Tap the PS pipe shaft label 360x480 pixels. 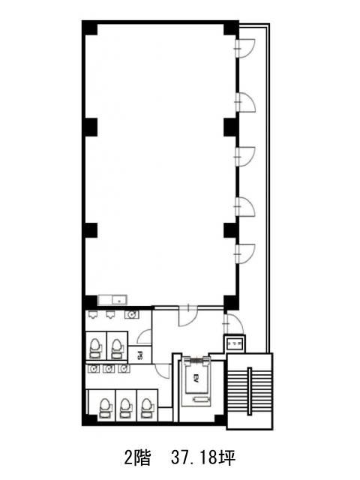140,355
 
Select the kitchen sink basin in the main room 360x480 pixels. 119,300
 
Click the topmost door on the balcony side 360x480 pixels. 245,48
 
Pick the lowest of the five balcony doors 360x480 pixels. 245,253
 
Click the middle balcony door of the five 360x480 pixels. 245,157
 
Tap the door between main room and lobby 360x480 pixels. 188,316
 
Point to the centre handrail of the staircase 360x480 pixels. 250,391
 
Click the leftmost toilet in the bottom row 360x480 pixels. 105,408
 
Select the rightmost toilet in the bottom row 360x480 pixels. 146,408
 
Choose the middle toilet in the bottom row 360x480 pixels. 125,408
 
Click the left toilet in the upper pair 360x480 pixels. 95,349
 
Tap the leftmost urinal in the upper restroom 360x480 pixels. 92,314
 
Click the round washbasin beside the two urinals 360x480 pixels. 132,314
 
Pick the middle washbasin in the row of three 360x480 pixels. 109,369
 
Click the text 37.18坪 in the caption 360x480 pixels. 203,458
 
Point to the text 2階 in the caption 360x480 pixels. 138,458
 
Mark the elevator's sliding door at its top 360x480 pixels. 196,361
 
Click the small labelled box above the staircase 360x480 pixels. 235,343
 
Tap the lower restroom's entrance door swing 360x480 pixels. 161,371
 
